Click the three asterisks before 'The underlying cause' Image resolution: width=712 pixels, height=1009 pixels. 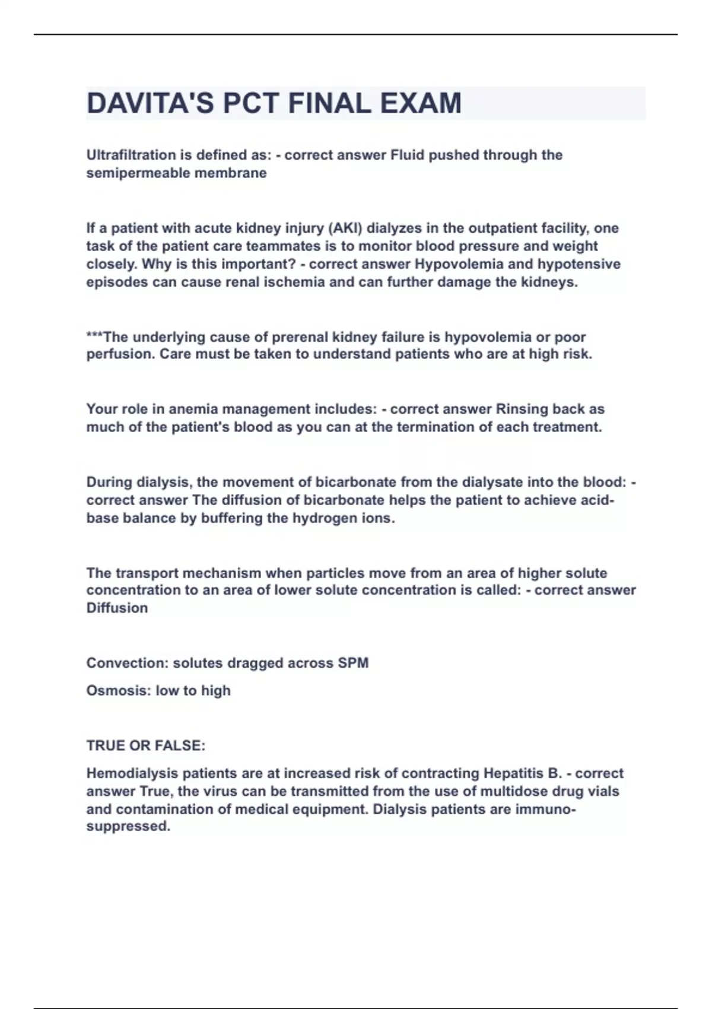pos(94,337)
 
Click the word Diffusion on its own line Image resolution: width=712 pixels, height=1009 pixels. pos(117,608)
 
